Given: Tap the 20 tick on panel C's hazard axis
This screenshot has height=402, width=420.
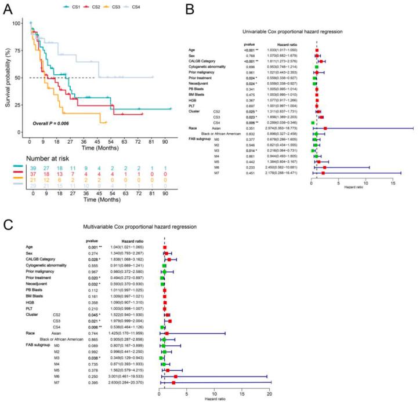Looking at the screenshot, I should [269, 379].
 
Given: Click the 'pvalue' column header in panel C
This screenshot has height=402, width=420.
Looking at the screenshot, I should [88, 240].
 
